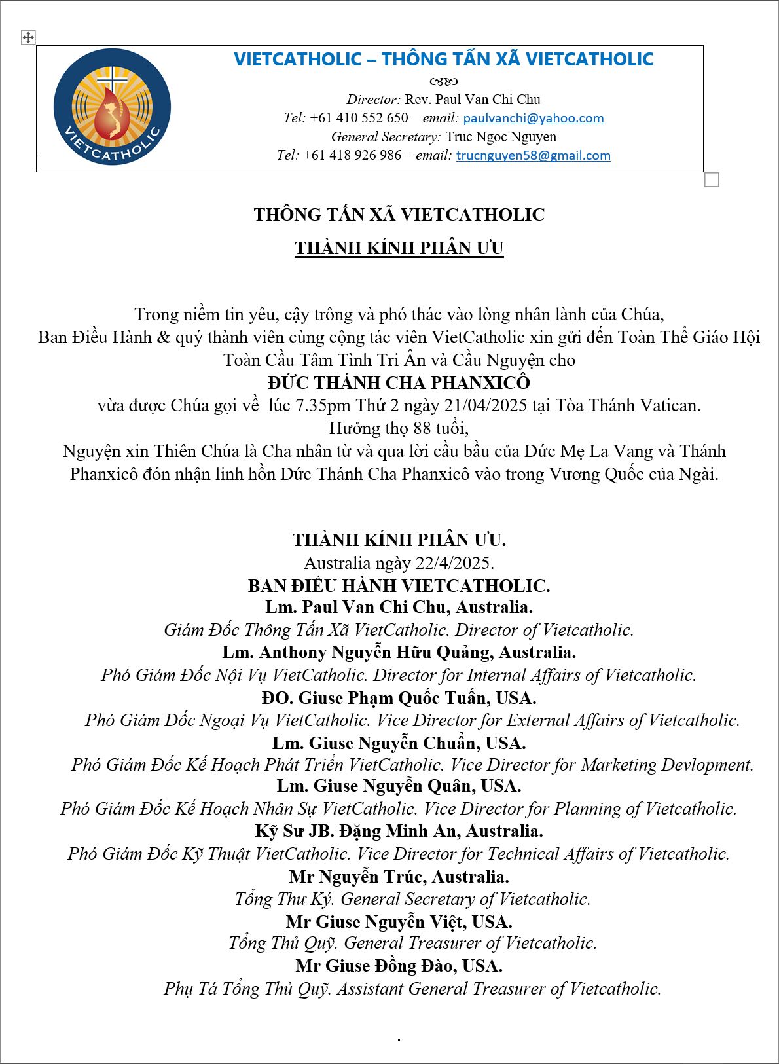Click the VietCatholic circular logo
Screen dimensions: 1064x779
pos(112,107)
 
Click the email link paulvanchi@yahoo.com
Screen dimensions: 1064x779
pos(533,119)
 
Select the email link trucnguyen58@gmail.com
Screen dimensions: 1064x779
pos(533,156)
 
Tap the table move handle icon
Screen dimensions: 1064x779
pos(28,38)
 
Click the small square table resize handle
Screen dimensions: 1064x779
pos(712,179)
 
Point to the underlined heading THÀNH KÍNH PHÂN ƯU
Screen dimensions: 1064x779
pos(399,249)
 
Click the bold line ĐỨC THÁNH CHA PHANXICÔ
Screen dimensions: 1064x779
pos(399,382)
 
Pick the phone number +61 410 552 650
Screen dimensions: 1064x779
pos(359,119)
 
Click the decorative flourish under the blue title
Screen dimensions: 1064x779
pos(443,81)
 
